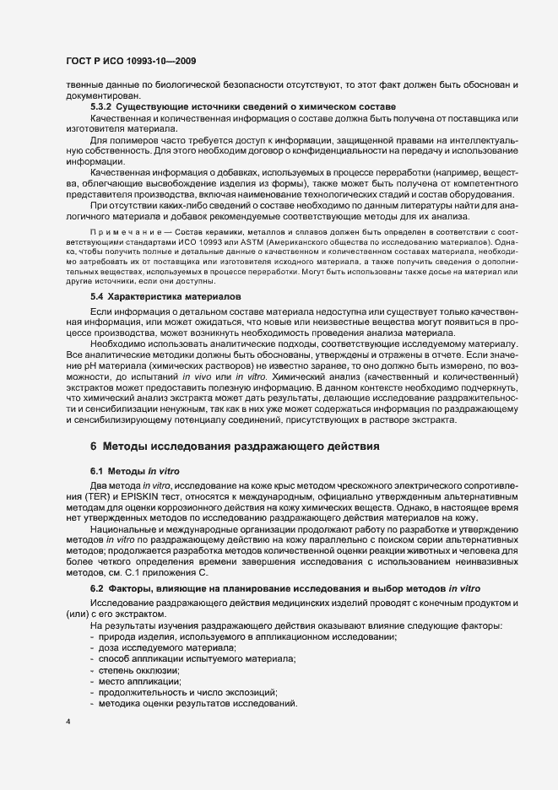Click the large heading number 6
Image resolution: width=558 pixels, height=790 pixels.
click(x=94, y=446)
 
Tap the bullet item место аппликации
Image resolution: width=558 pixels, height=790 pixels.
click(x=135, y=679)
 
